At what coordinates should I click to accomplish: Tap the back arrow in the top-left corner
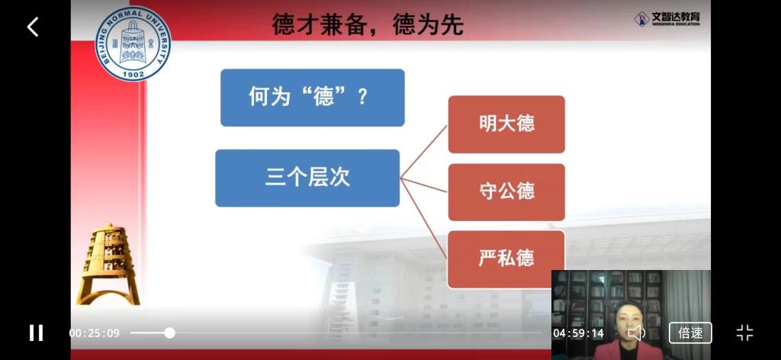click(33, 27)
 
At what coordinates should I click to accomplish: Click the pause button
click(36, 333)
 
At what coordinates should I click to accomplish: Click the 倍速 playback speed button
click(690, 333)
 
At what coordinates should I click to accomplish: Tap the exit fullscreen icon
click(744, 333)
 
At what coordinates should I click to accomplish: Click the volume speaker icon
click(636, 333)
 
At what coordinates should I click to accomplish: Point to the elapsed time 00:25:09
click(94, 333)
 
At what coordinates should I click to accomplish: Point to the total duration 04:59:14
click(578, 333)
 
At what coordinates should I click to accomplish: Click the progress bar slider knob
click(170, 333)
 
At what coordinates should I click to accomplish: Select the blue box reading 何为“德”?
click(312, 98)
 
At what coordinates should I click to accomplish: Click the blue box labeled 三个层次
click(307, 178)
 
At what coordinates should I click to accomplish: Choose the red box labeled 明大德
click(506, 124)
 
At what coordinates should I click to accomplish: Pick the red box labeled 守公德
click(506, 191)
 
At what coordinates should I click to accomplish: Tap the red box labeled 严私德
click(506, 259)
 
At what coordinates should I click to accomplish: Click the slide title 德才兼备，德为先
click(368, 24)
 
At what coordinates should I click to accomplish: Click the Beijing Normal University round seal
click(133, 43)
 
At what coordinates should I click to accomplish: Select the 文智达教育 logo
click(667, 19)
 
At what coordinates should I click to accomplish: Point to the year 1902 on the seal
click(133, 74)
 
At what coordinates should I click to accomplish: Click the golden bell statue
click(108, 264)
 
